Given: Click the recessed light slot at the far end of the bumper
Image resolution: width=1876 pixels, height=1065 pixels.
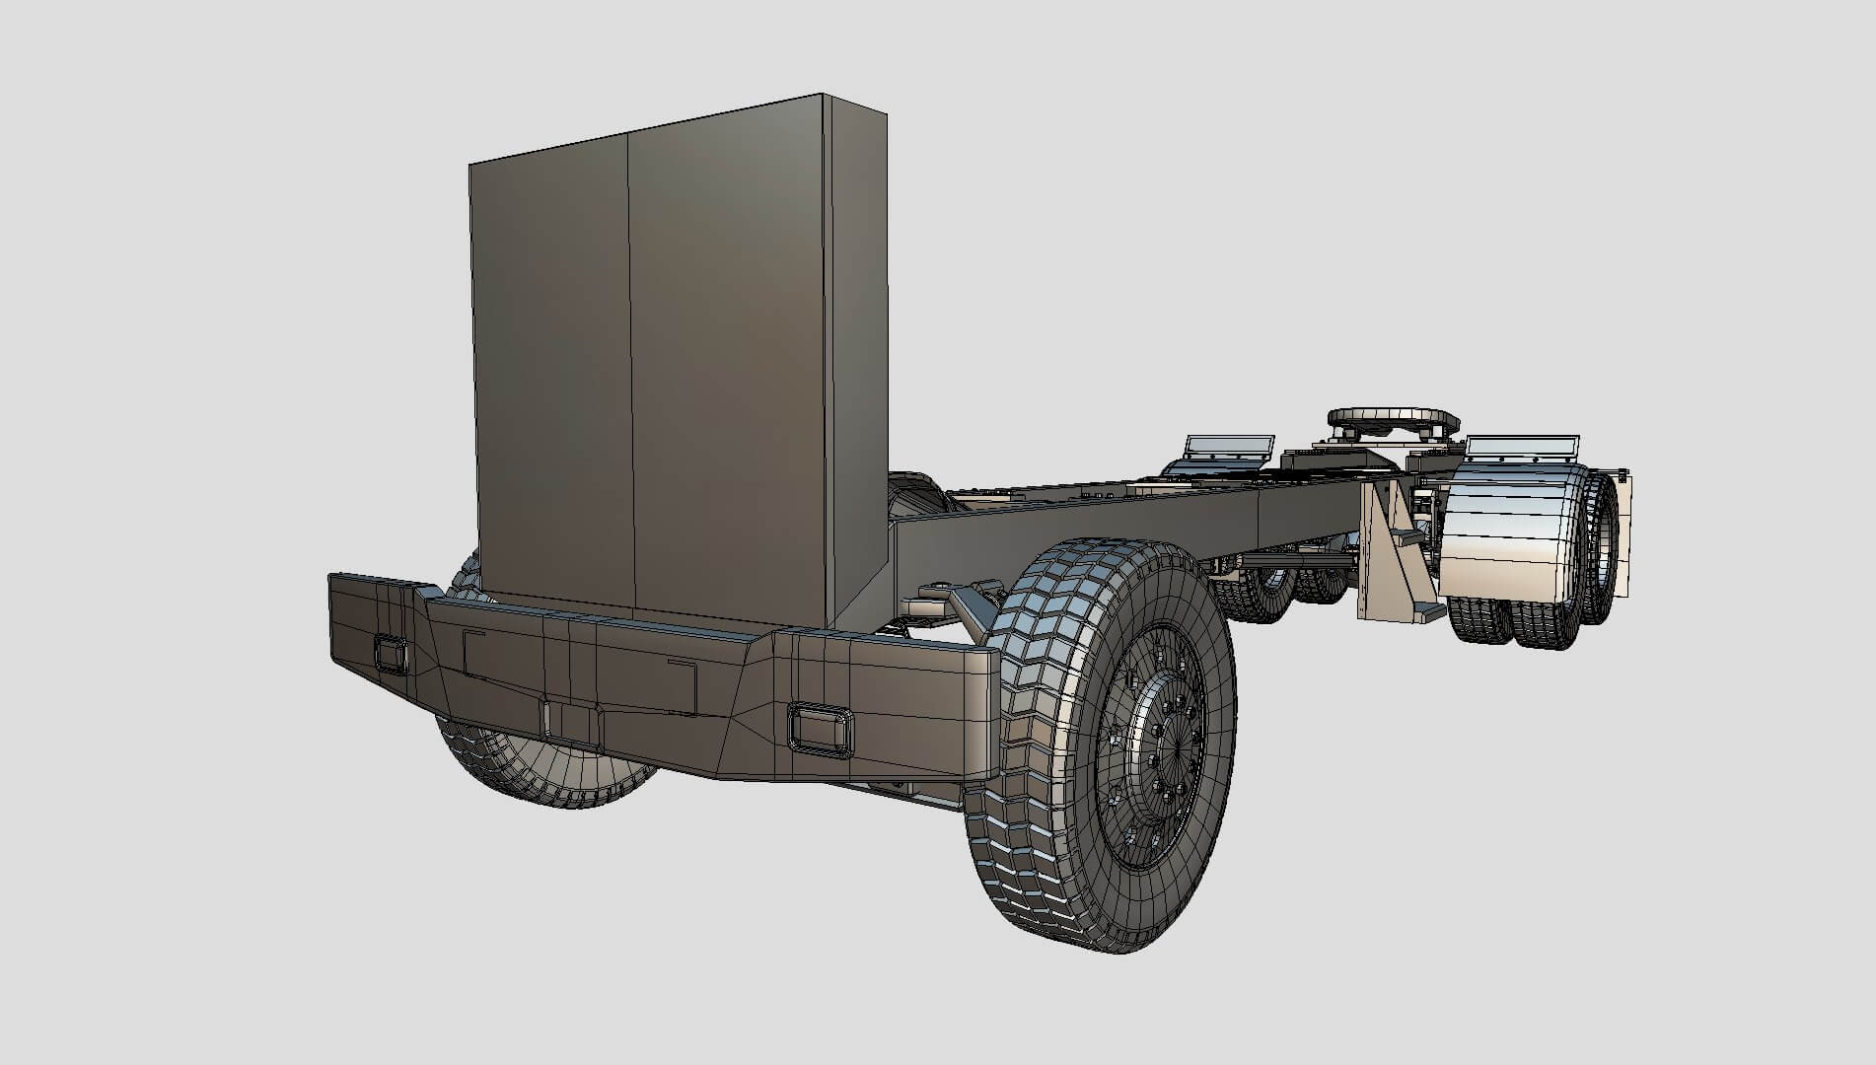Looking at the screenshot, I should click(x=391, y=655).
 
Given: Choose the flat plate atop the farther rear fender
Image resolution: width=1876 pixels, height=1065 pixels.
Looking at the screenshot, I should click(x=1229, y=447).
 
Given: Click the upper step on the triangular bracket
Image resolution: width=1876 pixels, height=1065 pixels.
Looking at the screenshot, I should click(x=1409, y=538).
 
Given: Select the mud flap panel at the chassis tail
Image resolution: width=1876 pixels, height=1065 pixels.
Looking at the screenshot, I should click(x=1623, y=532).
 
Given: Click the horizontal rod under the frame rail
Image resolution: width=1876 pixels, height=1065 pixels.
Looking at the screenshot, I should click(x=1292, y=560).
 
